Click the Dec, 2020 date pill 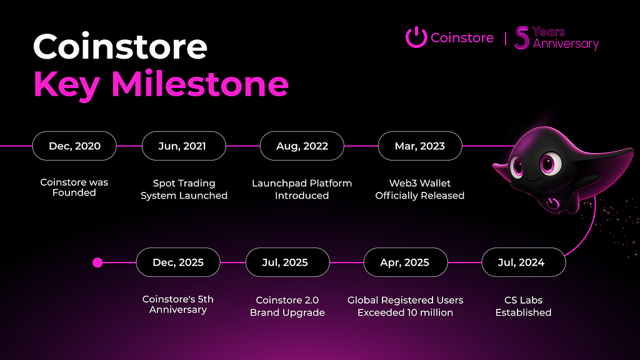74,146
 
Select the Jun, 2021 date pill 184,146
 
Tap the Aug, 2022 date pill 302,146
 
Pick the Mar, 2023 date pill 420,146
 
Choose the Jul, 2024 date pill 524,262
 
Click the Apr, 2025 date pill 406,262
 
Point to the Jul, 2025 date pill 287,262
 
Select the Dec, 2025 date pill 178,262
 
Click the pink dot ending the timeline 97,262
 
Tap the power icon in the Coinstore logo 416,37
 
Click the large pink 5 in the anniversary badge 522,38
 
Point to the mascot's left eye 517,167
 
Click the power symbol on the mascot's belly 553,203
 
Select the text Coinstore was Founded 74,187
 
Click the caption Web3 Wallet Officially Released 420,189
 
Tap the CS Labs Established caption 523,306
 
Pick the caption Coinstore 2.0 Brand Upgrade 287,306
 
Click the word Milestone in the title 200,84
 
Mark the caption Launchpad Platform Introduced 302,189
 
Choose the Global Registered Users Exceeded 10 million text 405,306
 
